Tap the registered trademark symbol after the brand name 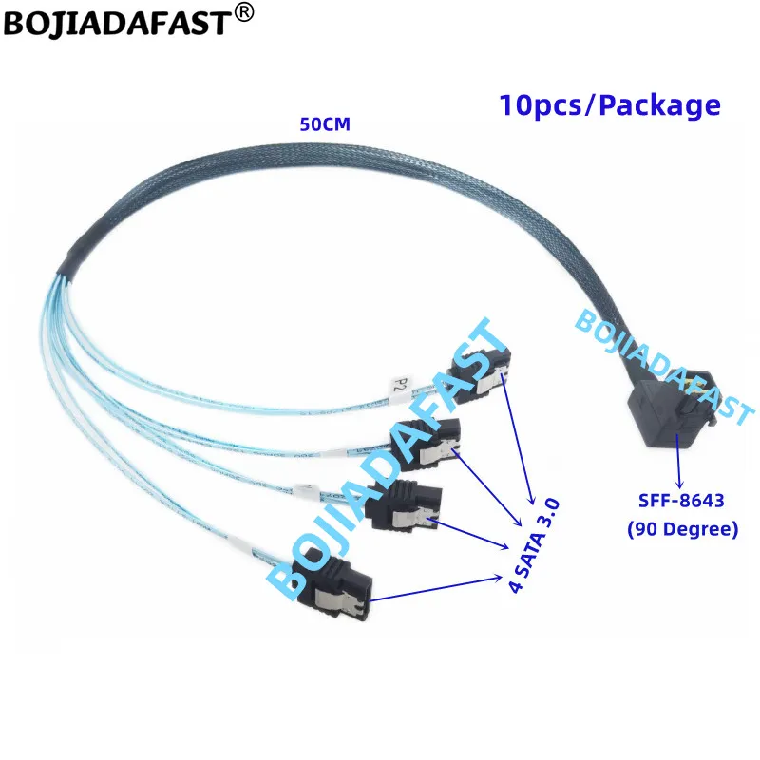[244, 12]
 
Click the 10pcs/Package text [609, 105]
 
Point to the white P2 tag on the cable [400, 384]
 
